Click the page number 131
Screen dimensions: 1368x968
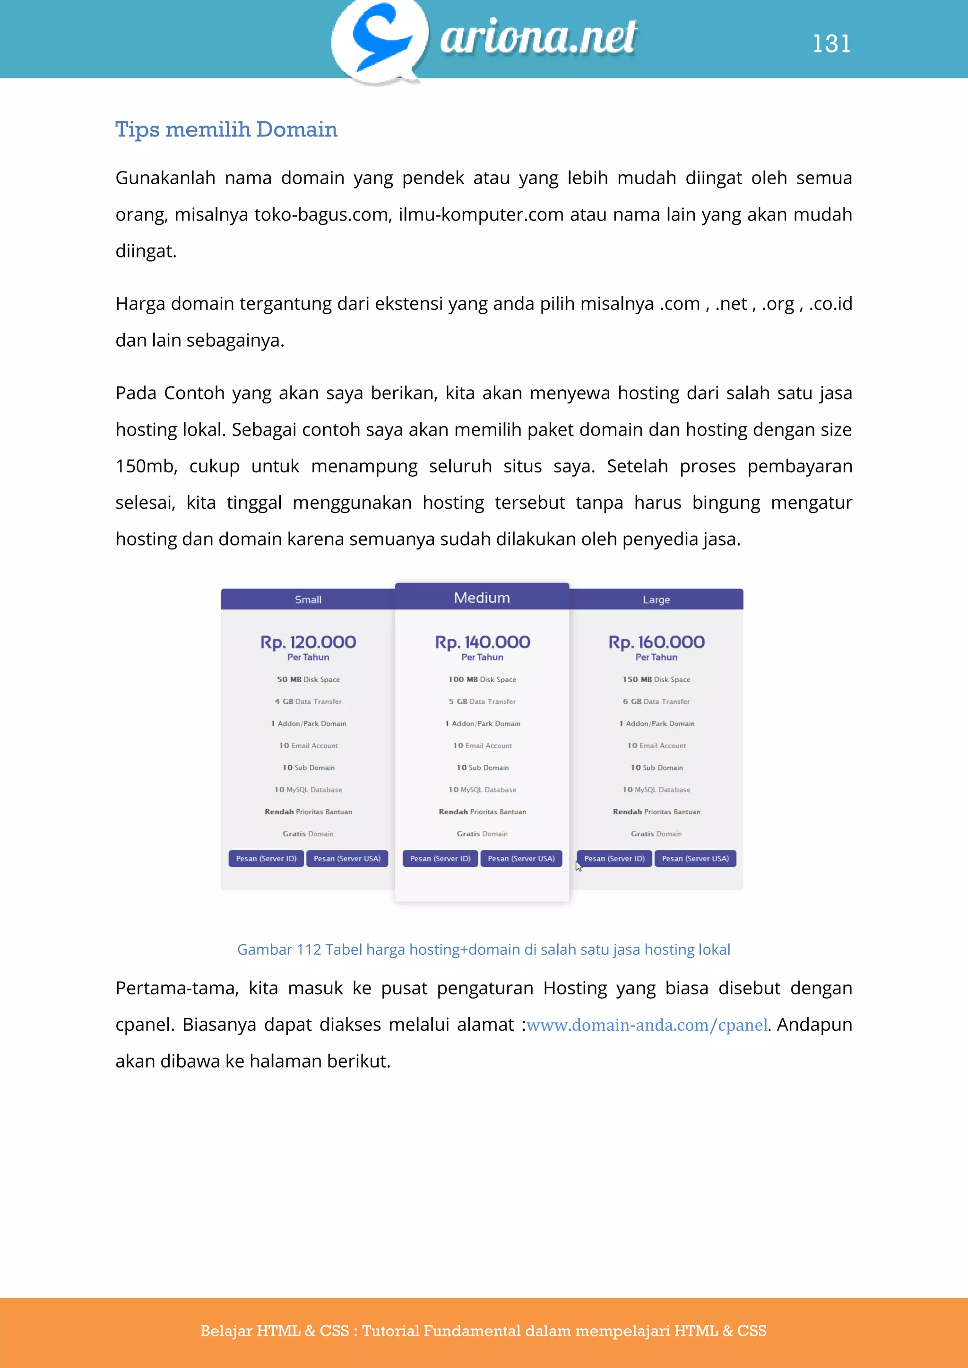tap(831, 43)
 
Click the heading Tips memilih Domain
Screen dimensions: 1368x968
tap(226, 129)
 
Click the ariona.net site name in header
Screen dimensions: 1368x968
tap(538, 37)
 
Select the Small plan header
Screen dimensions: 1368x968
tap(308, 599)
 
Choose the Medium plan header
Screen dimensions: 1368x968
tap(482, 598)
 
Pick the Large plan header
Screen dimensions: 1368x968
tap(656, 599)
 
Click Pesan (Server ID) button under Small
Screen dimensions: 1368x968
tap(266, 859)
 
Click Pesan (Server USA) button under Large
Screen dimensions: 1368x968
tap(695, 859)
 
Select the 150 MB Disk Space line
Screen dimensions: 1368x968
tap(656, 679)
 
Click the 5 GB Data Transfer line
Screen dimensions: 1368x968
tap(482, 701)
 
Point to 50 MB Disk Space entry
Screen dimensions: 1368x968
tap(308, 679)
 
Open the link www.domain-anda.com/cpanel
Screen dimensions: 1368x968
tap(647, 1025)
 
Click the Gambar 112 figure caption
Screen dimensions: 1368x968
tap(484, 949)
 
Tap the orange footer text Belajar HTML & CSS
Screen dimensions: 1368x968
tap(484, 1331)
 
